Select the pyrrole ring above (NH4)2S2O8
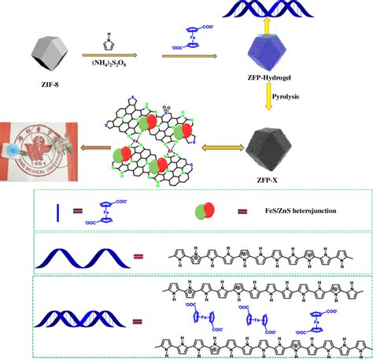109,39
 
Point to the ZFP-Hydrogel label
281,84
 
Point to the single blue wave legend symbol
79,256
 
